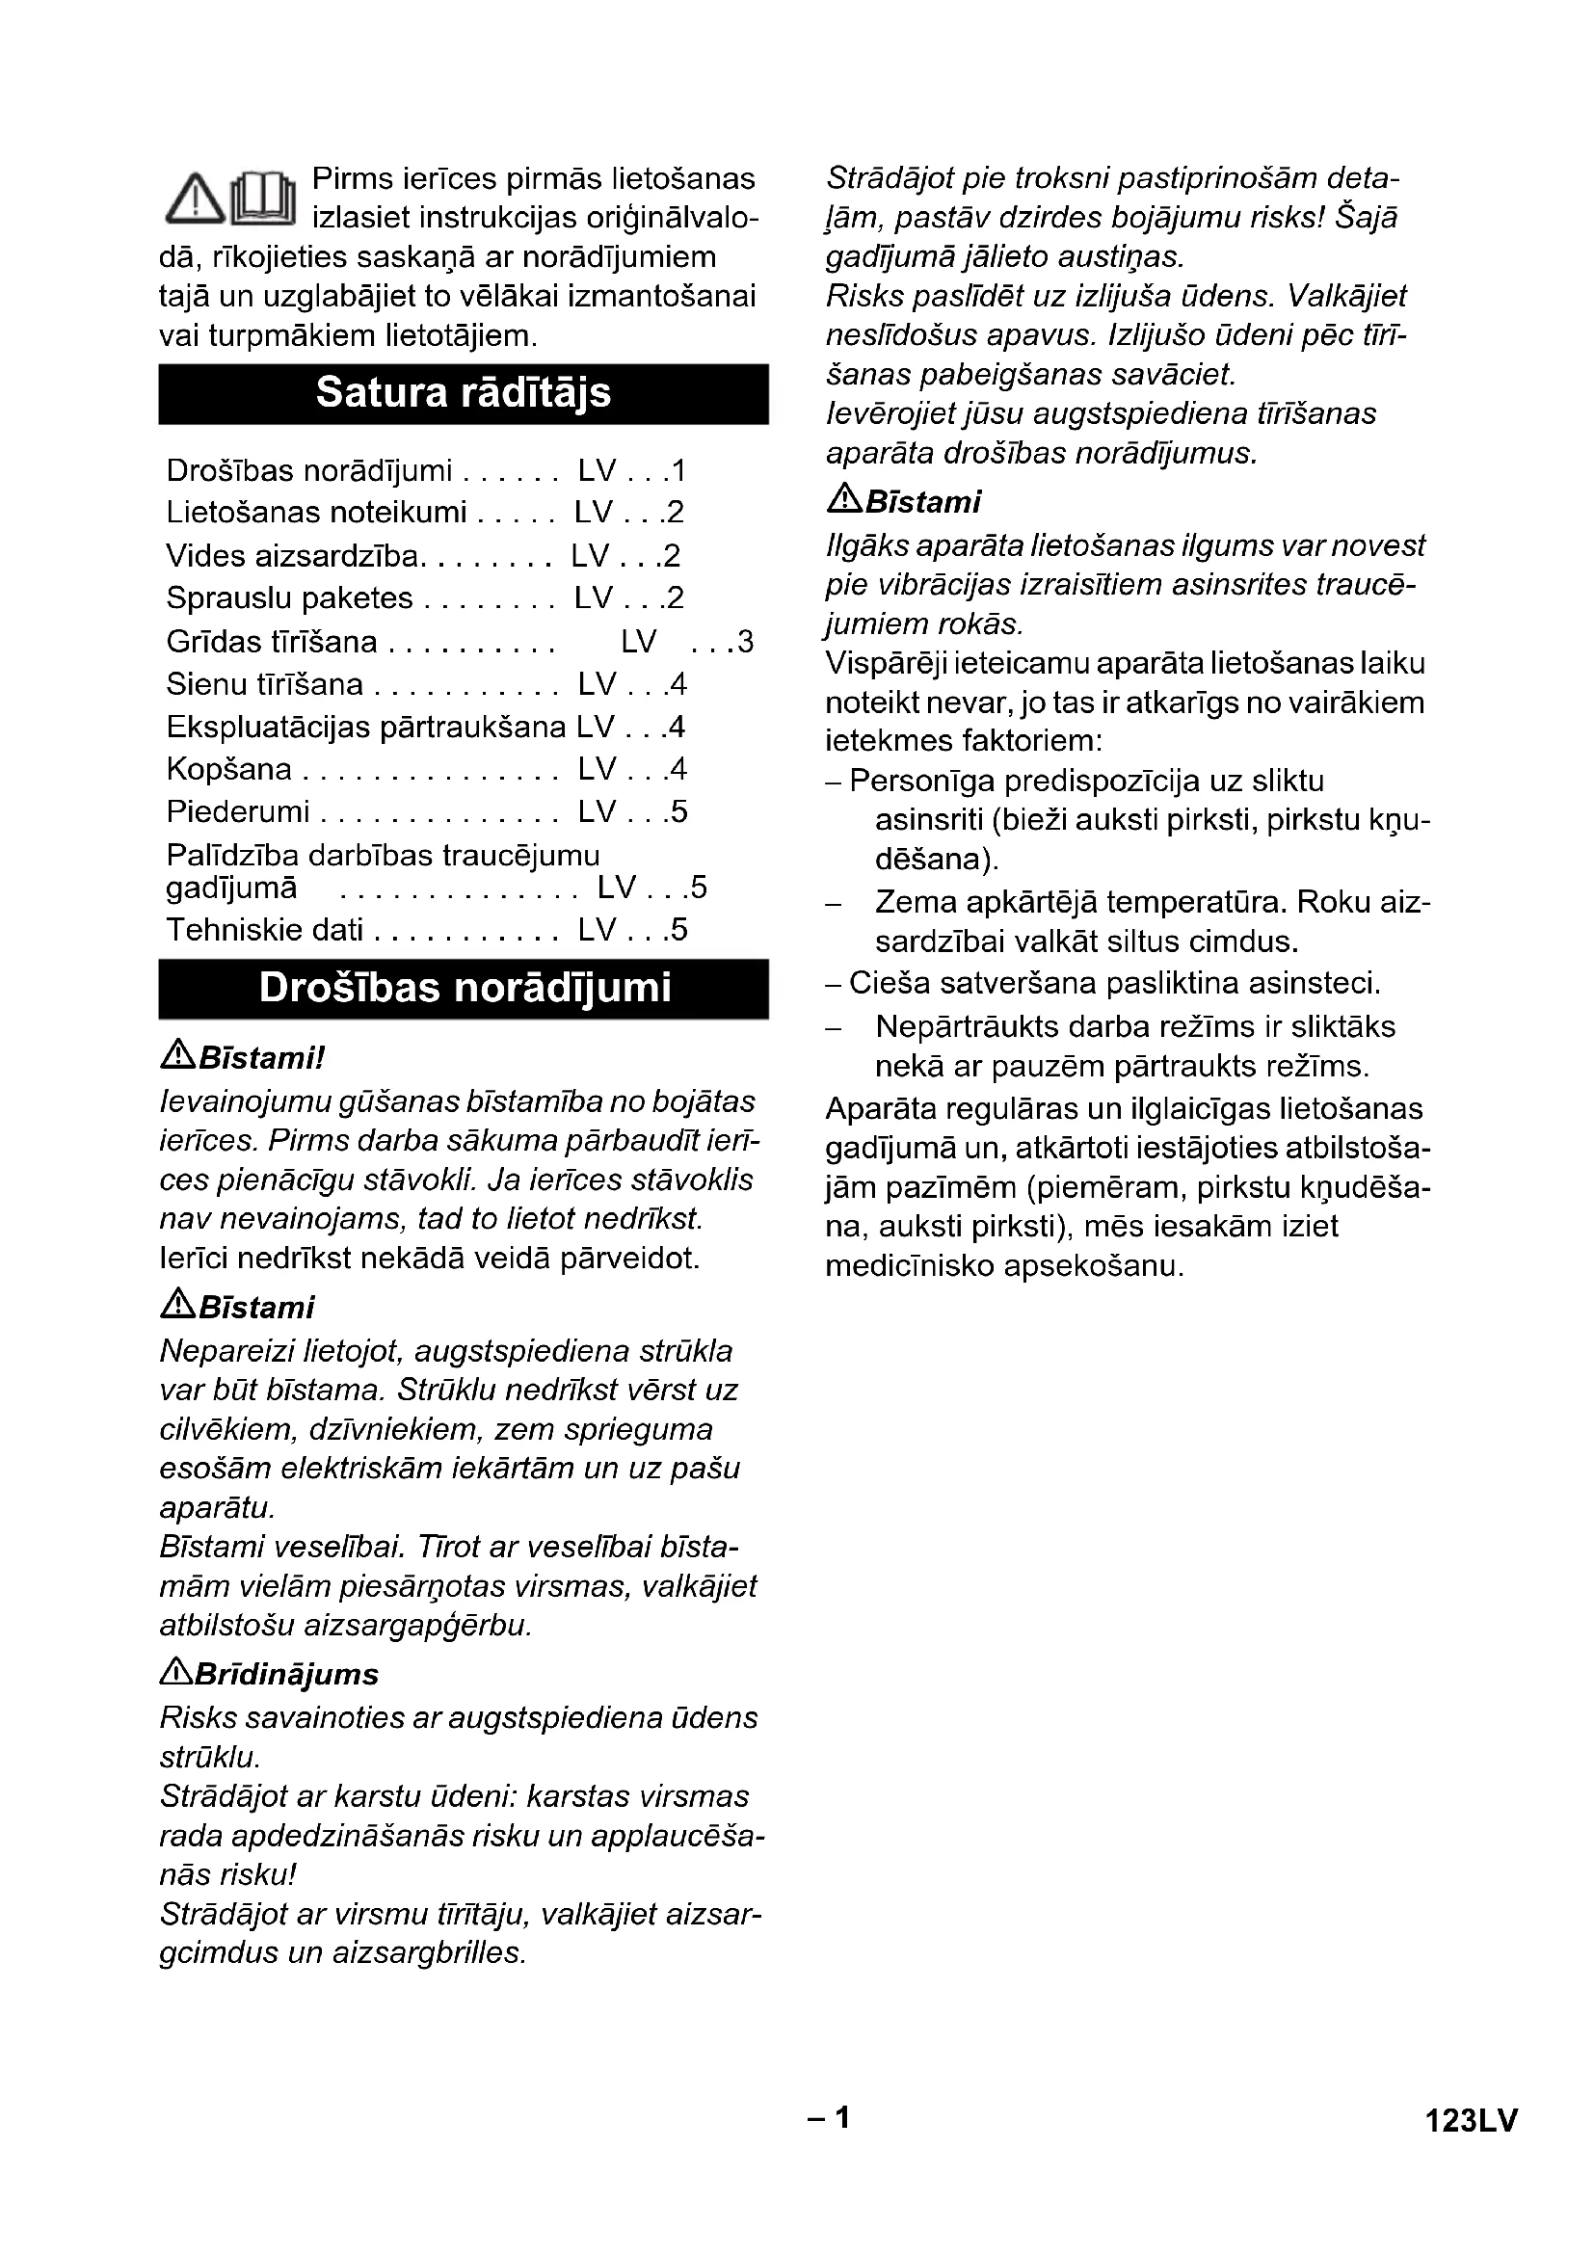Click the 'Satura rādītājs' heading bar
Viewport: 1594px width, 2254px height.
463,394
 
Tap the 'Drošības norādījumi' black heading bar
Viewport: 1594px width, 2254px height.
464,989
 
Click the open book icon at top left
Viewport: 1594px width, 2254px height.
262,198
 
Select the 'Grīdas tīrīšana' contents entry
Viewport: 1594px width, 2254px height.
272,642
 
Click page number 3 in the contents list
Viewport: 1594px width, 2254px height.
745,642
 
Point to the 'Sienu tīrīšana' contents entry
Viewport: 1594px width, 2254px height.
265,684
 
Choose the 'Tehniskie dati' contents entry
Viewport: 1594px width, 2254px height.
265,930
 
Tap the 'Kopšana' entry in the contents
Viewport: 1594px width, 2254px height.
229,769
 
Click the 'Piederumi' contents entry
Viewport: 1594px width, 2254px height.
237,811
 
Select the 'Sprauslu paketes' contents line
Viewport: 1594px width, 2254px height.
289,597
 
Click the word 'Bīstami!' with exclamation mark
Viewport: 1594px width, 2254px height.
261,1058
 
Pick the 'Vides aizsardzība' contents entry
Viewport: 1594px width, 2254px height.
293,556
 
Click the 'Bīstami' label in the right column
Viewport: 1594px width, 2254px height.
923,503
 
